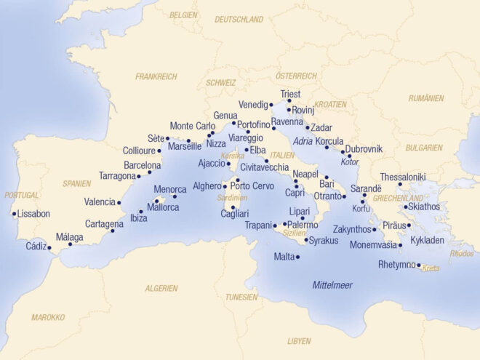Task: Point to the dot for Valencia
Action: click(119, 203)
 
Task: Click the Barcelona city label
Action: click(142, 165)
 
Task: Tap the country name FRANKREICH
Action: click(156, 76)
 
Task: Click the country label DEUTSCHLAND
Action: click(239, 20)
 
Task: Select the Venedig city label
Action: click(253, 105)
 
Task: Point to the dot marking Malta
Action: click(298, 257)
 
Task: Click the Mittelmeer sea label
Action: click(332, 285)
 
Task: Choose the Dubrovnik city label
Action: click(363, 149)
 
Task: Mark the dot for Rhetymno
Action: click(418, 266)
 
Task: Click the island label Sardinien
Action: click(232, 197)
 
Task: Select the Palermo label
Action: click(303, 225)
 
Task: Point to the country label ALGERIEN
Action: click(161, 288)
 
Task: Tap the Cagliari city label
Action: click(235, 214)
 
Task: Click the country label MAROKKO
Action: click(48, 317)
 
